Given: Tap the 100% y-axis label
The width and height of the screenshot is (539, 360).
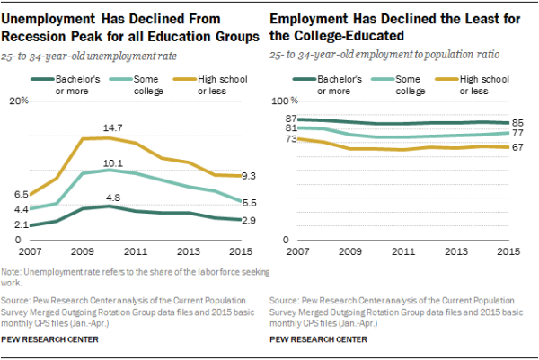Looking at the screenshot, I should pyautogui.click(x=284, y=101).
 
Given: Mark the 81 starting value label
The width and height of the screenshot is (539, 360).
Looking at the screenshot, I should pyautogui.click(x=289, y=128).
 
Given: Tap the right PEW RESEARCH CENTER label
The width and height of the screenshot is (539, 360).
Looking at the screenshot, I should pyautogui.click(x=319, y=340).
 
